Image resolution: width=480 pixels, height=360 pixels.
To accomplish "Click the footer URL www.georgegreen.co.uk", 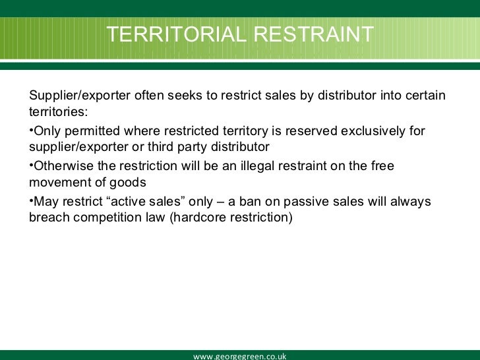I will [x=239, y=356].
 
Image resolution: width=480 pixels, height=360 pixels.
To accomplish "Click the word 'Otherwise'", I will [x=61, y=166].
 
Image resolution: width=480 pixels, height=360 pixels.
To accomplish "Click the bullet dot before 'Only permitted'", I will [x=31, y=130].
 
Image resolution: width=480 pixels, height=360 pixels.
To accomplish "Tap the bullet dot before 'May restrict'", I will [x=31, y=200].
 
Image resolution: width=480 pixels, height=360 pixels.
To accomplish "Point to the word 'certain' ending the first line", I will [x=427, y=96].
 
